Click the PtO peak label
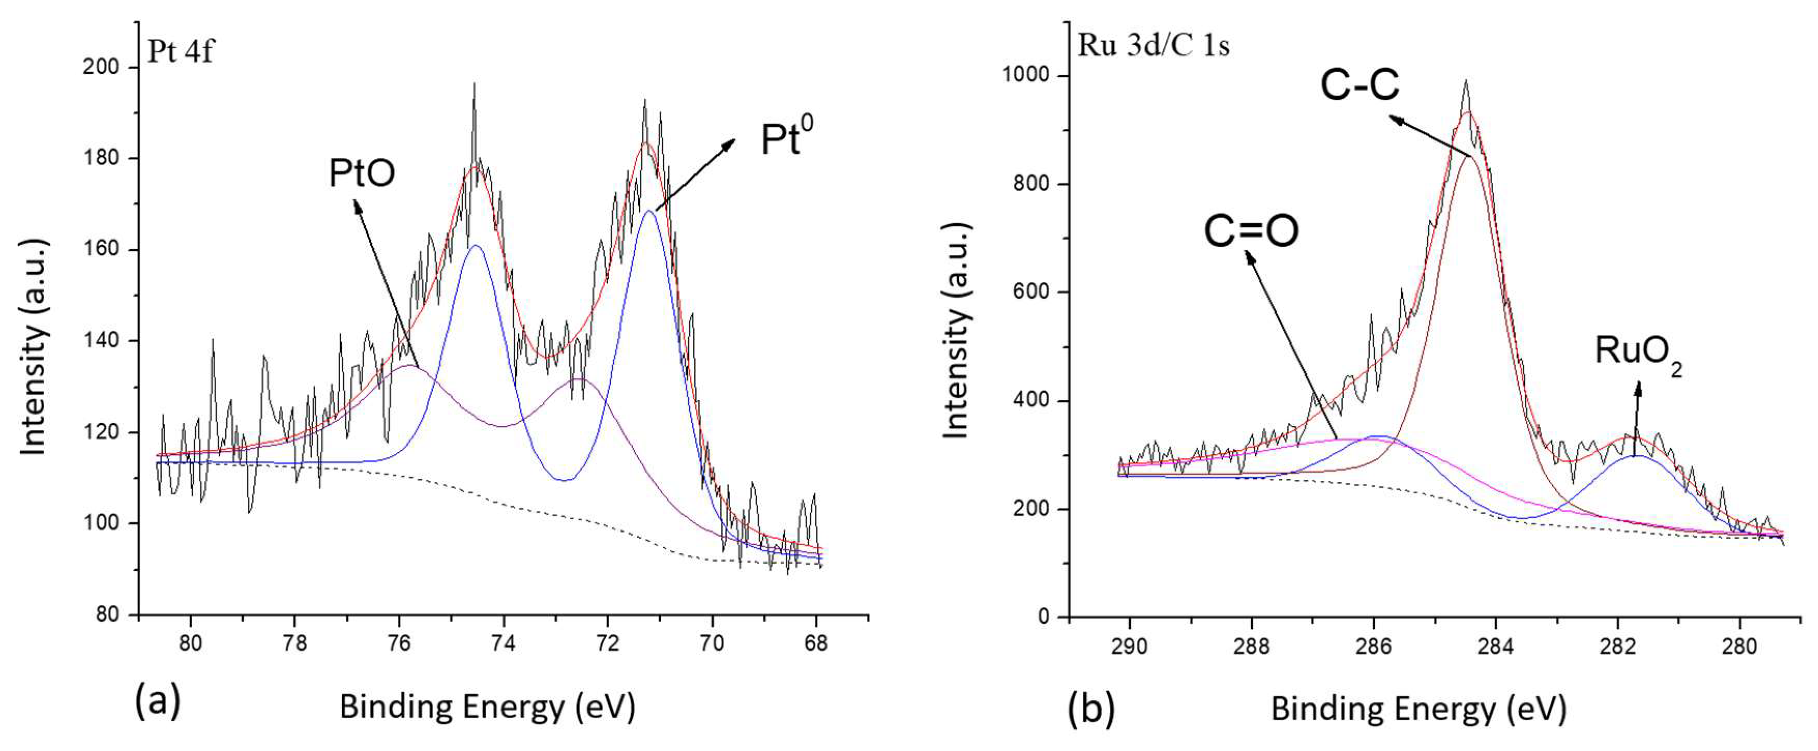[361, 173]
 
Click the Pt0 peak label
[786, 137]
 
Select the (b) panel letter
[1091, 708]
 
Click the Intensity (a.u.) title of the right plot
[956, 332]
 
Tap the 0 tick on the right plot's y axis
[1044, 617]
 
